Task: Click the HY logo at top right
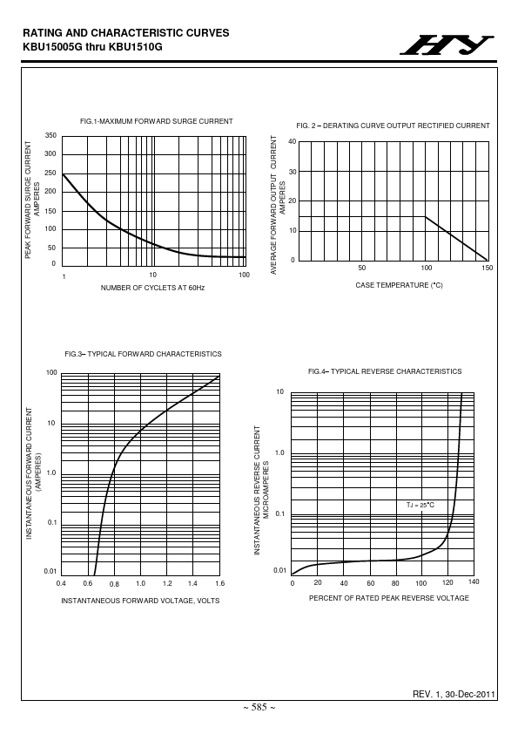447,45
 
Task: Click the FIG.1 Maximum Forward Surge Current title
156,121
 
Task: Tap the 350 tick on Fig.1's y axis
50,135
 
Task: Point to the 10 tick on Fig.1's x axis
153,275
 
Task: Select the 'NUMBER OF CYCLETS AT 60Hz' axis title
152,288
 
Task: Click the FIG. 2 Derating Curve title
393,126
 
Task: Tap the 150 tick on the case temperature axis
488,268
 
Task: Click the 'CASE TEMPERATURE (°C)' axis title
399,285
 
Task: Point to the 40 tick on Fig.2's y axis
293,141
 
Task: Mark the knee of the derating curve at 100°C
426,216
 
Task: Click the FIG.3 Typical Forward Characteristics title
143,354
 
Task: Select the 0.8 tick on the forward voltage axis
114,584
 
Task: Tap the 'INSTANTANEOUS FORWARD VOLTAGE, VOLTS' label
140,601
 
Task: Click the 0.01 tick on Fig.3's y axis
50,571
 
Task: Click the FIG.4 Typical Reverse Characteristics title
385,371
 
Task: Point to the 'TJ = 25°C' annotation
420,505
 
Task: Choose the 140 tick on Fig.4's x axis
474,581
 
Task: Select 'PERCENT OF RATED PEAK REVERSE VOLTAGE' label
389,598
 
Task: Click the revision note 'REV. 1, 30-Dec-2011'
454,694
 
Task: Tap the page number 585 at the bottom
259,707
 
